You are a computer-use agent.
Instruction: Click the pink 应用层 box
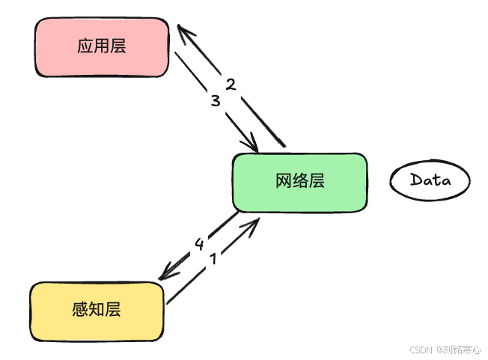[102, 46]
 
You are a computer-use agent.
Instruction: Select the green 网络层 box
[299, 182]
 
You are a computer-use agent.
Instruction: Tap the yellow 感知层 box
[97, 309]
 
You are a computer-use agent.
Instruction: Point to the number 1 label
[213, 259]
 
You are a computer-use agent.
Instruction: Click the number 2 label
[231, 84]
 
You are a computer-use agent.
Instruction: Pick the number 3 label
[216, 100]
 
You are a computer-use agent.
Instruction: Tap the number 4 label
[199, 244]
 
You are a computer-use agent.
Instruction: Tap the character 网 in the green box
[283, 182]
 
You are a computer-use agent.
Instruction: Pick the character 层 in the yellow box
[113, 309]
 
